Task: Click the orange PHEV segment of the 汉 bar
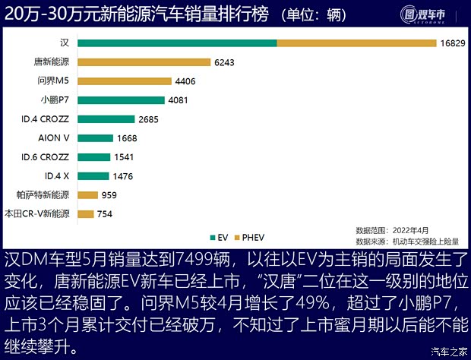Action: pyautogui.click(x=356, y=43)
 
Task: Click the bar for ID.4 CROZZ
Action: pyautogui.click(x=106, y=118)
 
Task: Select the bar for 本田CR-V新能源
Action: pyautogui.click(x=85, y=214)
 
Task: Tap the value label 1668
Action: pyautogui.click(x=127, y=138)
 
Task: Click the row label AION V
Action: pyautogui.click(x=54, y=137)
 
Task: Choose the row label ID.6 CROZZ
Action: pyautogui.click(x=46, y=156)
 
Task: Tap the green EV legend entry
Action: pyautogui.click(x=218, y=236)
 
